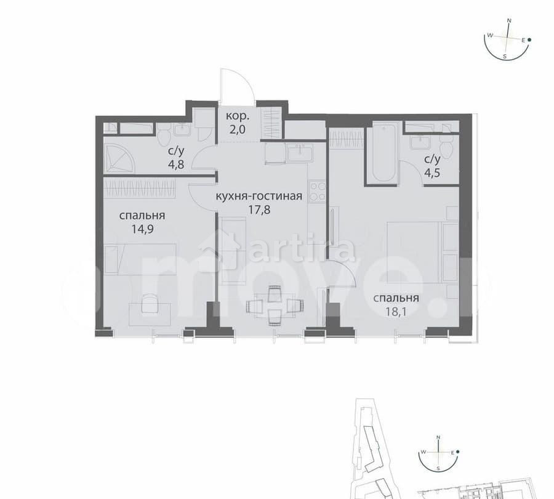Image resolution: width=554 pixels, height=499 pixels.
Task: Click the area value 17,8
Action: [x=259, y=209]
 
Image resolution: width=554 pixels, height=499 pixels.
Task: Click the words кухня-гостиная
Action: [x=259, y=197]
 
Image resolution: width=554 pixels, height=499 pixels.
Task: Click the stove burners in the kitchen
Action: [x=317, y=191]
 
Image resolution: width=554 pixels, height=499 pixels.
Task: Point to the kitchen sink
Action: [x=298, y=152]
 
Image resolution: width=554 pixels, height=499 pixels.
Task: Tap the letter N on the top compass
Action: [x=509, y=20]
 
